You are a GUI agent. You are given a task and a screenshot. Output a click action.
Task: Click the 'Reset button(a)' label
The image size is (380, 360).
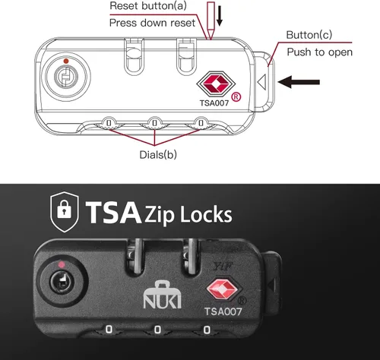[148, 6]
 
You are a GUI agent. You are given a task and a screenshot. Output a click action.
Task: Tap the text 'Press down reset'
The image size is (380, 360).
[152, 23]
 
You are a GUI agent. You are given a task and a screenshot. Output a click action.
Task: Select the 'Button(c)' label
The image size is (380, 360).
[309, 35]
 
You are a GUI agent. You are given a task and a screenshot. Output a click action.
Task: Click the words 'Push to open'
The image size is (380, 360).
[320, 52]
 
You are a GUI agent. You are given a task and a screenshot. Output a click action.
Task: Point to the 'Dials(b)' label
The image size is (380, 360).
[158, 154]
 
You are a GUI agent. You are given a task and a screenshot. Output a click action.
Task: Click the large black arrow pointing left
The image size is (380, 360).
[299, 82]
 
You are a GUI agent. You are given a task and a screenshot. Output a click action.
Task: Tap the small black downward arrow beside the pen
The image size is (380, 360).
[220, 15]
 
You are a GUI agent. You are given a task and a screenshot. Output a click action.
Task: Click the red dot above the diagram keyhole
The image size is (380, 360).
[66, 61]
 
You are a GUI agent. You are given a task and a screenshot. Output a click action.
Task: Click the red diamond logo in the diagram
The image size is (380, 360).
[216, 84]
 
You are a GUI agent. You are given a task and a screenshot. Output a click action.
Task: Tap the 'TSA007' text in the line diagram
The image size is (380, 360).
[214, 103]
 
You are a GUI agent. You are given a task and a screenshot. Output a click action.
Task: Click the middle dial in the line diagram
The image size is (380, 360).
[154, 123]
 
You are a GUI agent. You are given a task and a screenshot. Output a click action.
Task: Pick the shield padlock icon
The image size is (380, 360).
[65, 212]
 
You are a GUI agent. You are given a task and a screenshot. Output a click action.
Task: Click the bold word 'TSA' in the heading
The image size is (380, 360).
[113, 212]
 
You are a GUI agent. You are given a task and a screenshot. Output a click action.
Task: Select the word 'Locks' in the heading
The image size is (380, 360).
[206, 215]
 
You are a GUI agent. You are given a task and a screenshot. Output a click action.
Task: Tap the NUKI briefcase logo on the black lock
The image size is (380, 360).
[163, 295]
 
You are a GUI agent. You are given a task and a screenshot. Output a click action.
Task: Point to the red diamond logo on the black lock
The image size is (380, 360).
[222, 289]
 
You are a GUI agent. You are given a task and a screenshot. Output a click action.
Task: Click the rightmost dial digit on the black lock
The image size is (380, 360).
[207, 330]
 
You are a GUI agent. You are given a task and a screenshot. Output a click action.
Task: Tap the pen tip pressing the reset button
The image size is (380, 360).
[211, 38]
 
